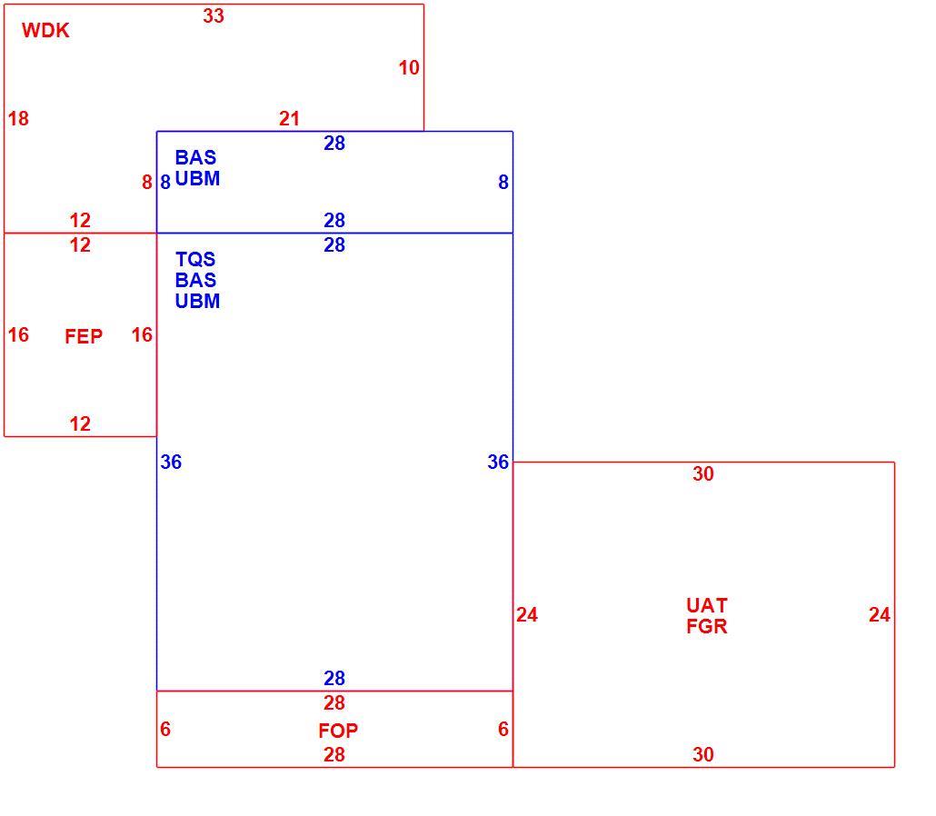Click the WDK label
click(x=45, y=31)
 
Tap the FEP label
click(x=84, y=336)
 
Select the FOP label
click(x=338, y=731)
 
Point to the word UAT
click(x=707, y=606)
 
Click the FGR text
click(x=707, y=627)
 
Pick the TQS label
click(x=195, y=260)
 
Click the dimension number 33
click(x=214, y=16)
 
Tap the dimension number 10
click(x=409, y=68)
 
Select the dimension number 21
click(x=289, y=119)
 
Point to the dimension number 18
click(x=18, y=119)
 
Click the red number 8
click(x=147, y=182)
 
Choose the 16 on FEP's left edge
click(x=18, y=335)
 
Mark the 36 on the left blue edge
click(x=171, y=462)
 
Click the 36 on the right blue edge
click(x=498, y=462)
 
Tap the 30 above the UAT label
click(x=703, y=474)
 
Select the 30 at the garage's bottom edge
click(x=703, y=754)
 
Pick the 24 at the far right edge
click(x=880, y=615)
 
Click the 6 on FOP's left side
click(x=165, y=729)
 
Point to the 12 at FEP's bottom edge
click(x=80, y=423)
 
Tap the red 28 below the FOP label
click(x=334, y=754)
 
